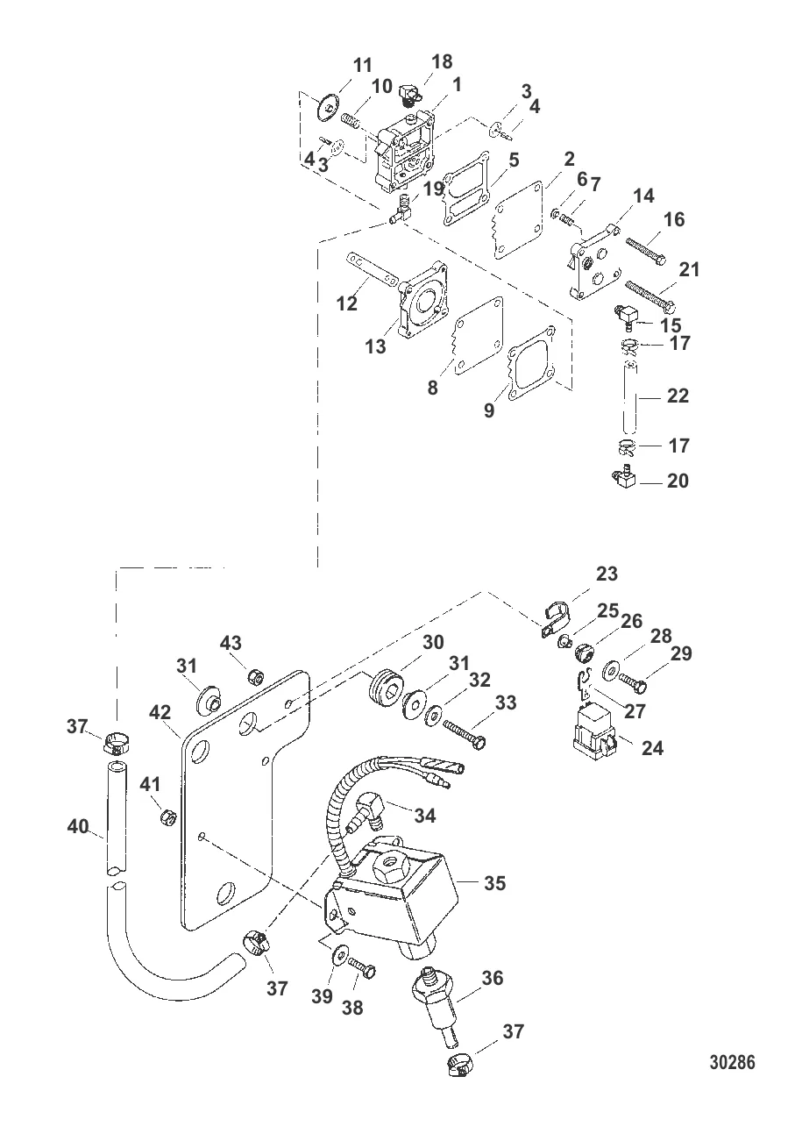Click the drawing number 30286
(731, 1063)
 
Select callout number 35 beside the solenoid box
(495, 883)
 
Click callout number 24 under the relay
(652, 748)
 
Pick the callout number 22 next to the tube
(678, 396)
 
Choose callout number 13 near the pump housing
(375, 347)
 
